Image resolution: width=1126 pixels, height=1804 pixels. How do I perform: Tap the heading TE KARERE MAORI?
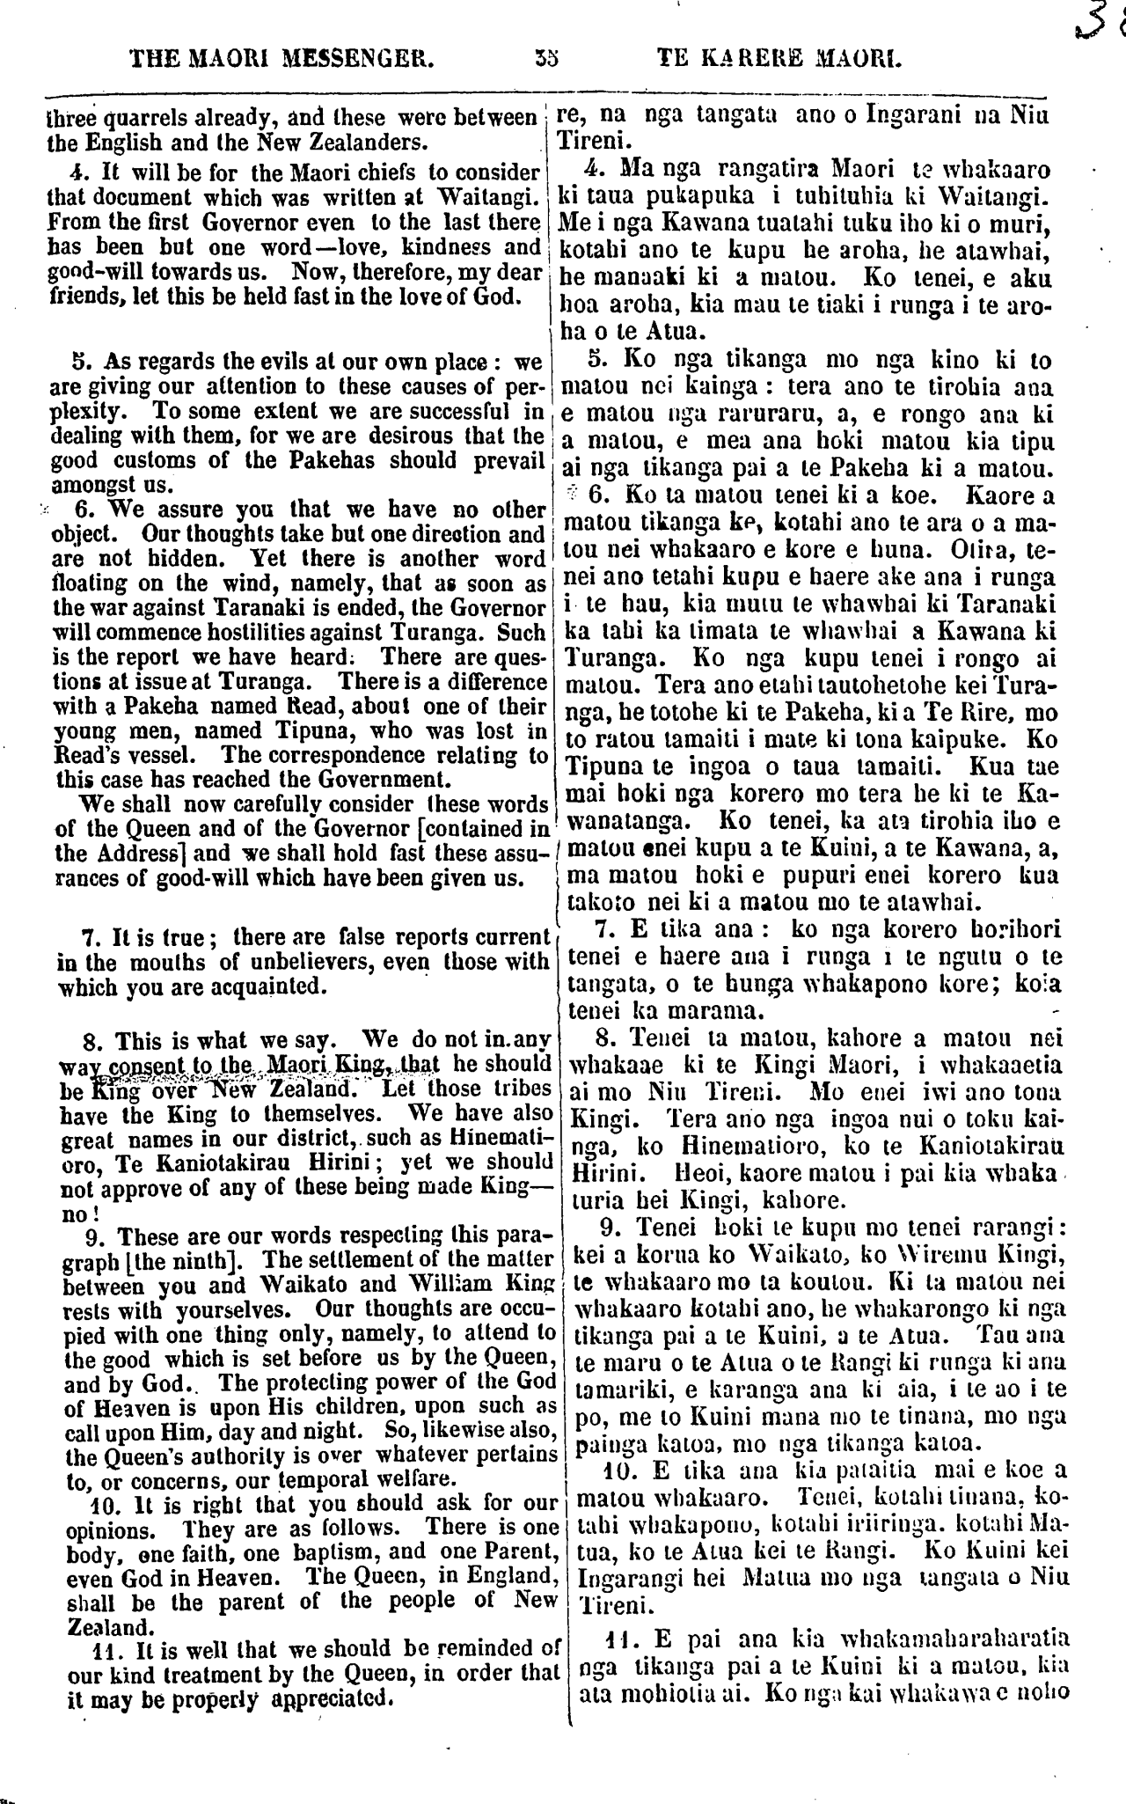coord(780,61)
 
